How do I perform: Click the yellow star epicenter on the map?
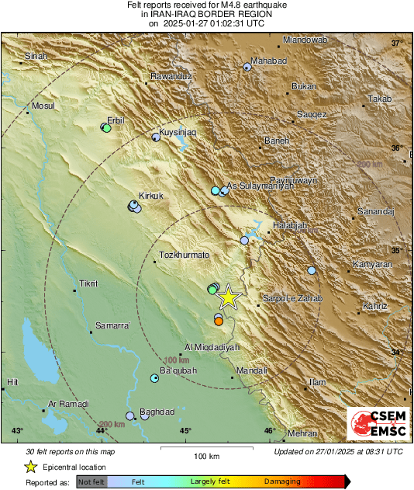point(228,297)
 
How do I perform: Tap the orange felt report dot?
point(219,321)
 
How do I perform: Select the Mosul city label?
point(42,106)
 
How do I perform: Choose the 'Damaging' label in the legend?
point(282,481)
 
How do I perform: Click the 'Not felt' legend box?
point(92,482)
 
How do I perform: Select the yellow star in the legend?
point(30,467)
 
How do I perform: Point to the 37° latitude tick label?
point(398,43)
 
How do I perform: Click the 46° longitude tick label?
point(269,430)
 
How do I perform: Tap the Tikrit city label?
point(89,283)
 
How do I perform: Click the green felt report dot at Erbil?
point(107,129)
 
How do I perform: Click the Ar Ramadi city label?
point(68,404)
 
